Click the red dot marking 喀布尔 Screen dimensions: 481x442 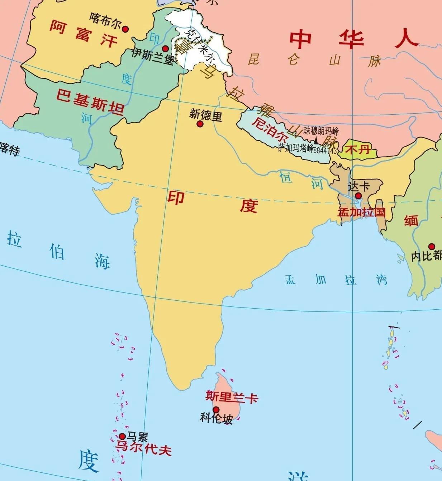(125, 29)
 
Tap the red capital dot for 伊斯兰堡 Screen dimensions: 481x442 (165, 48)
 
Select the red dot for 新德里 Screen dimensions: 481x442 (200, 124)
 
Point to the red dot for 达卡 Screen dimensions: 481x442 (358, 196)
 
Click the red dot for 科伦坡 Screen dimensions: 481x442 (216, 410)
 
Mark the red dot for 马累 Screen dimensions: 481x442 (122, 436)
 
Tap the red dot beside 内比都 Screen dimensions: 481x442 (432, 247)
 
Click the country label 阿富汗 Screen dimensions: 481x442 (83, 34)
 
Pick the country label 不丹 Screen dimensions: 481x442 (358, 149)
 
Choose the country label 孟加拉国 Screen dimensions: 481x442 (361, 212)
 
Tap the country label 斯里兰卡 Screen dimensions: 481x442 (232, 396)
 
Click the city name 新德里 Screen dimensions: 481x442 (206, 115)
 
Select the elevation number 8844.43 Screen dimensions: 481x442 (325, 151)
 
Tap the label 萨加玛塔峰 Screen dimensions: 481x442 (295, 148)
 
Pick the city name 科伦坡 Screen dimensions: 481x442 (217, 418)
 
